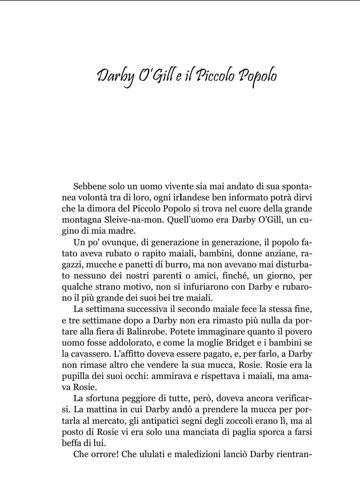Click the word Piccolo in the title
[216, 77]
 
